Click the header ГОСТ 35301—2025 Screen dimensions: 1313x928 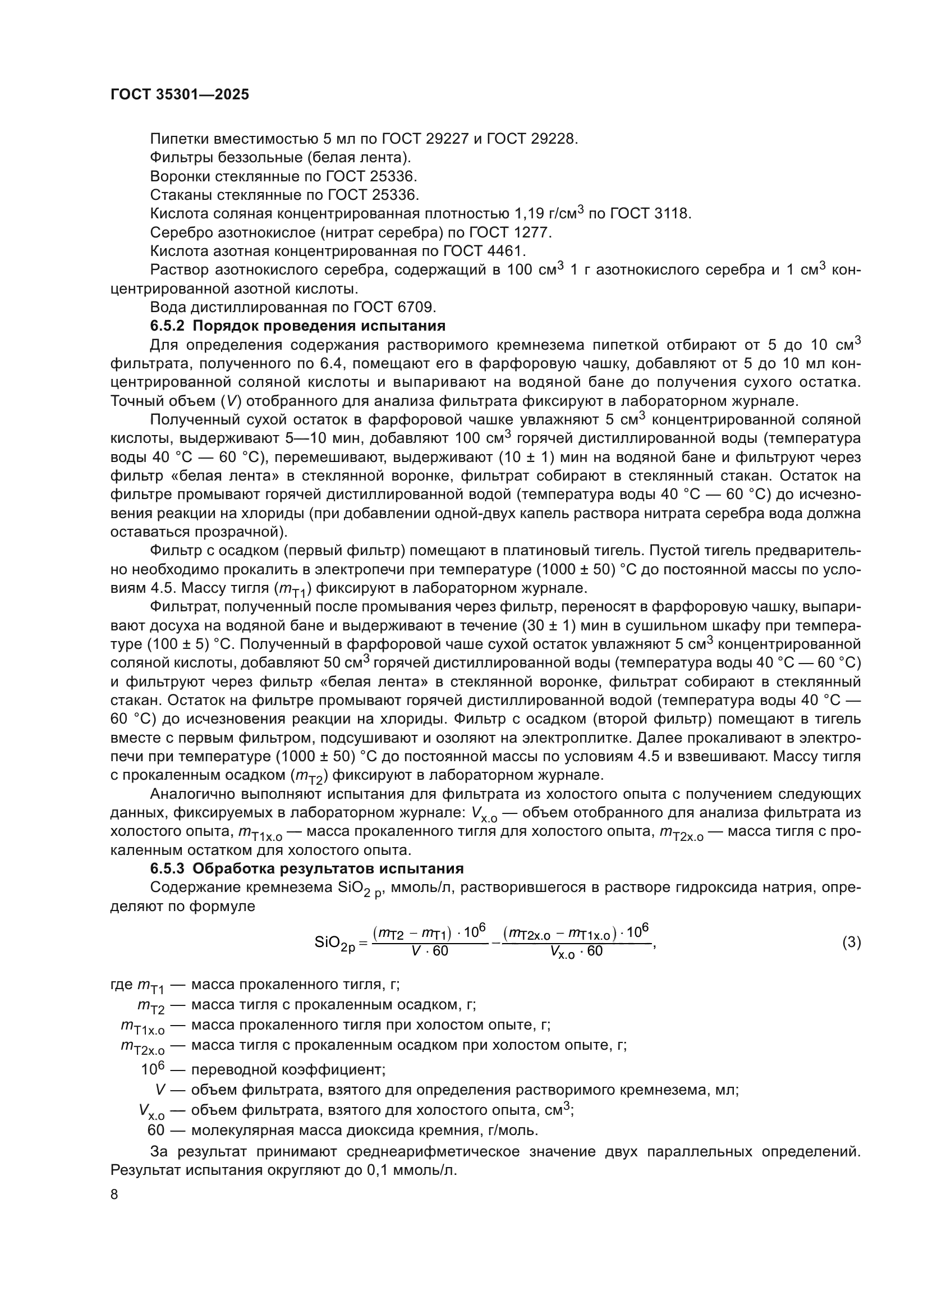[180, 94]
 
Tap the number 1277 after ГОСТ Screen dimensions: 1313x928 [532, 233]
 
